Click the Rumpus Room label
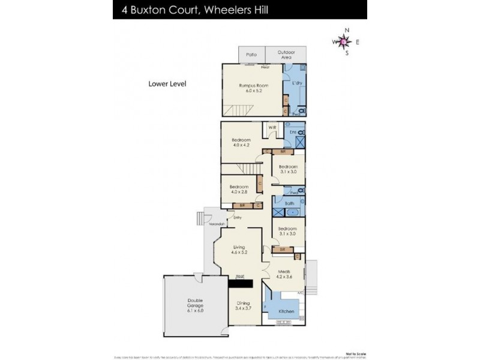click(253, 86)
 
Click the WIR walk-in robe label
click(271, 127)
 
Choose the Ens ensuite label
click(293, 131)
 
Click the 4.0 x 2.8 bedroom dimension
click(238, 192)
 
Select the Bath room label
click(289, 203)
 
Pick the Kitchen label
click(286, 311)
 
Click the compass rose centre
click(342, 41)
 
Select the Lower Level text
click(167, 84)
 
